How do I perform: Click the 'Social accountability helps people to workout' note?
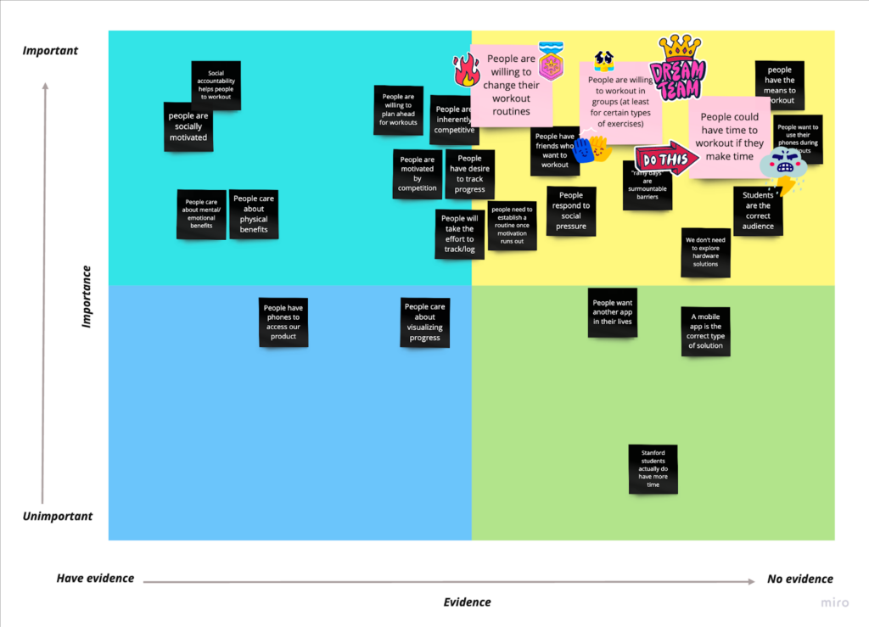point(216,85)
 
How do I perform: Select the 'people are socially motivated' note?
point(188,126)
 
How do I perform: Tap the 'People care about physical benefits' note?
point(254,214)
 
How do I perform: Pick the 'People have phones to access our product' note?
point(283,322)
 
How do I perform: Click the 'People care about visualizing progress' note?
point(425,322)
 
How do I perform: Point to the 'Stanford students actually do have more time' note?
point(653,468)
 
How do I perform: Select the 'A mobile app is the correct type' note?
point(705,331)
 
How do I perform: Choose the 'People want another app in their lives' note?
point(613,312)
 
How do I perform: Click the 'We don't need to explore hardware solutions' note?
point(706,252)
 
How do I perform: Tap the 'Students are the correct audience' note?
point(758,210)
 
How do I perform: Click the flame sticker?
point(466,70)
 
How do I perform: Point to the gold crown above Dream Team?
point(681,46)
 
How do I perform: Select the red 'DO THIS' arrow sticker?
point(666,159)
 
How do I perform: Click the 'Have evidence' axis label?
point(95,579)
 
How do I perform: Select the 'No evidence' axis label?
point(800,579)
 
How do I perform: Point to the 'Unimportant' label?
point(57,517)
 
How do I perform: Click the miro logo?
point(834,603)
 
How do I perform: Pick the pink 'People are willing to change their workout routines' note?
point(511,85)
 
